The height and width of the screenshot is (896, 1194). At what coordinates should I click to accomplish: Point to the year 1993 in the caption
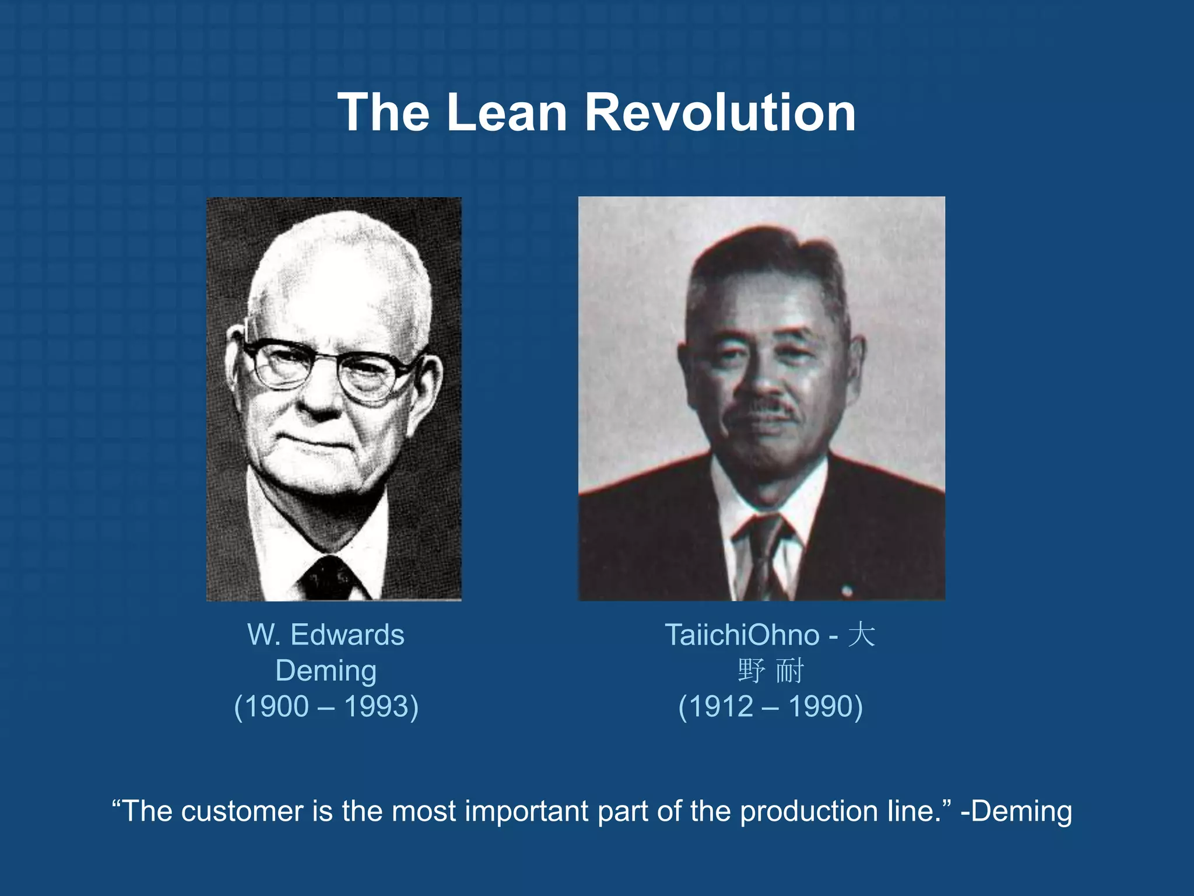point(377,706)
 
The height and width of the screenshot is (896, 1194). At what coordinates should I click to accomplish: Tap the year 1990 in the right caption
point(821,706)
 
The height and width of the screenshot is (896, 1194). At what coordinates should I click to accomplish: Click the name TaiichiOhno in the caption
point(742,635)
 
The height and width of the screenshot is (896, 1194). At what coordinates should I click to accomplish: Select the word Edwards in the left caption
point(347,635)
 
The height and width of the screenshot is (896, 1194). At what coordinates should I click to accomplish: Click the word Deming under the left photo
point(326,671)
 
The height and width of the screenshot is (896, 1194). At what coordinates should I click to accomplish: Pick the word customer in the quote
point(242,811)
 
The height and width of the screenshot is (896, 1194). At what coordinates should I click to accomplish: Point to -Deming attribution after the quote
point(1016,811)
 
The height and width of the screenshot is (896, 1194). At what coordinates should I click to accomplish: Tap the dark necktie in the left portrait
point(328,577)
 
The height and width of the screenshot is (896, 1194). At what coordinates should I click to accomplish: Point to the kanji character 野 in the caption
point(751,671)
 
